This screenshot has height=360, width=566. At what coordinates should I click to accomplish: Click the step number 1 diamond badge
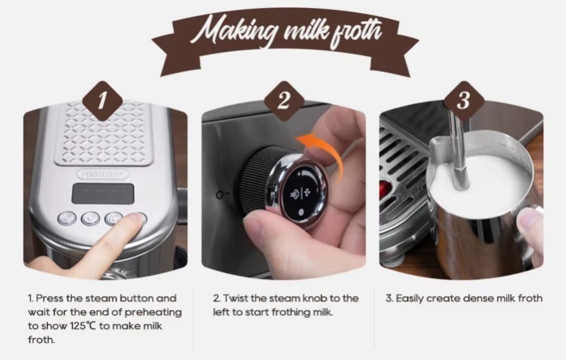tap(103, 100)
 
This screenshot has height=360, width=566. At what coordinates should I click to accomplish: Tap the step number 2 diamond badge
tap(284, 100)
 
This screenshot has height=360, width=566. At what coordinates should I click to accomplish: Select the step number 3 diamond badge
tap(463, 100)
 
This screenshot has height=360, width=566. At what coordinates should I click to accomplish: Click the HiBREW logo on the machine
tap(103, 174)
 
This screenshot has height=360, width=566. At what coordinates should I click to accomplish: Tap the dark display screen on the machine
tap(103, 194)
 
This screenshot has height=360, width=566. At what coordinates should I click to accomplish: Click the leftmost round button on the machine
tap(67, 218)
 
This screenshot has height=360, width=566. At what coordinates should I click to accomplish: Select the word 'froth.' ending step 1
tap(41, 340)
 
